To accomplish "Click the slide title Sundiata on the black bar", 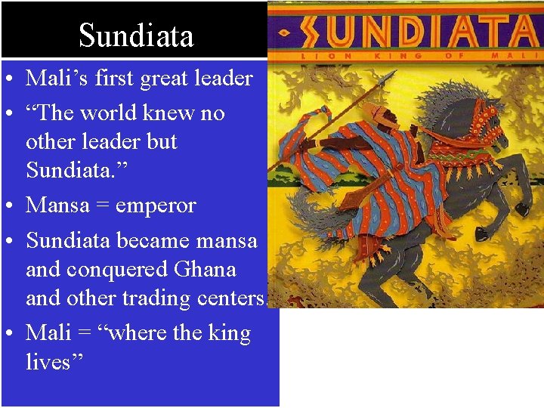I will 136,36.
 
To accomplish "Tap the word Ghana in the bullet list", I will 205,270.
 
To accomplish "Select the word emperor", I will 156,206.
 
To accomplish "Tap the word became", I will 157,241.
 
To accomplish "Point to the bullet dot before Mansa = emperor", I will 12,206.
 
